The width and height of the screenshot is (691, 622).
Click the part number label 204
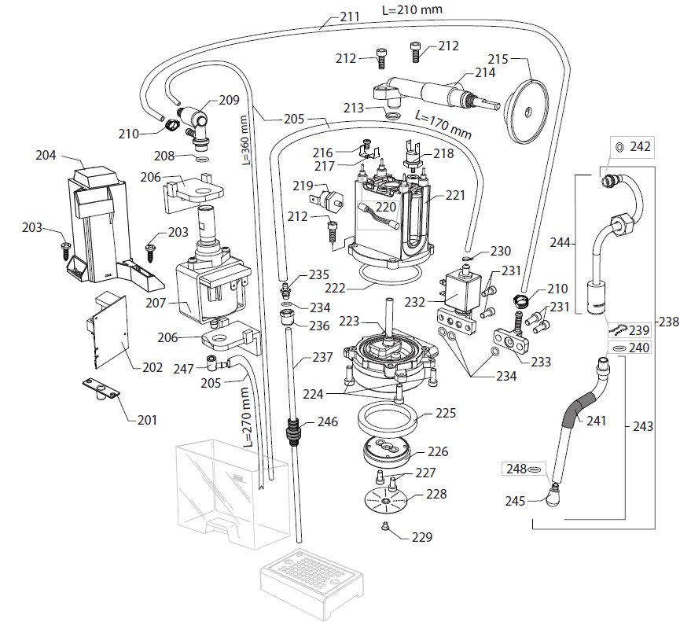[x=46, y=155]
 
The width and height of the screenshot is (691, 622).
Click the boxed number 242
[x=641, y=147]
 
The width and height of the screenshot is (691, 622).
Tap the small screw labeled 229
[x=385, y=526]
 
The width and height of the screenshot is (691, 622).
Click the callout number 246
[x=328, y=422]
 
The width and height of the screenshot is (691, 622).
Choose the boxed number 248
[x=516, y=469]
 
